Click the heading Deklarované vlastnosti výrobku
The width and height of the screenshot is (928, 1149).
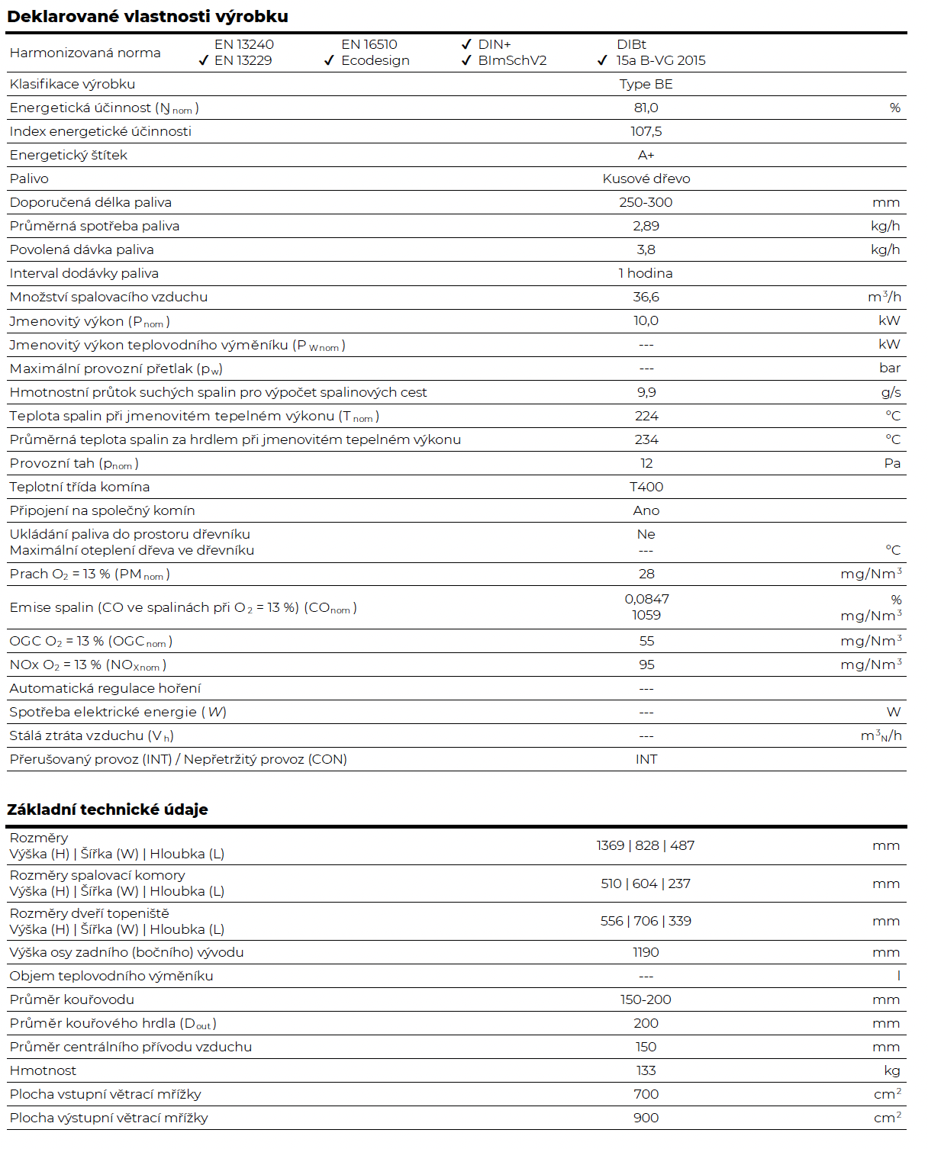[147, 16]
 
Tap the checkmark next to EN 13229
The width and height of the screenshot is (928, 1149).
[204, 61]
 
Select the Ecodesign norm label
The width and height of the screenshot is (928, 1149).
[375, 61]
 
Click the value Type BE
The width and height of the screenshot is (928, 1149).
[646, 84]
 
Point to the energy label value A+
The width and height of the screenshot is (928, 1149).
[646, 155]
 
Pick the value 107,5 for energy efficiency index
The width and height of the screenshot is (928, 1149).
[646, 131]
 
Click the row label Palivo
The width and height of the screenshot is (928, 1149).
[29, 179]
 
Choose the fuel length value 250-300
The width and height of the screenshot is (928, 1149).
[646, 202]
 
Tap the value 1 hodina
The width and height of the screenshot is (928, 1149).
[646, 273]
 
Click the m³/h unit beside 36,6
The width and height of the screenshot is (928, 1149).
[884, 297]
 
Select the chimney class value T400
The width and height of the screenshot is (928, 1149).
[646, 487]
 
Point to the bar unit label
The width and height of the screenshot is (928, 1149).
[890, 368]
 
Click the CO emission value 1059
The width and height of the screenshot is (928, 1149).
[646, 615]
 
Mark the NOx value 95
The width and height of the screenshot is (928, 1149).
[646, 665]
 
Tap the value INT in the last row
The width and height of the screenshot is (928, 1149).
[646, 759]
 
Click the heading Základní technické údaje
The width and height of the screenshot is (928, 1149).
[108, 809]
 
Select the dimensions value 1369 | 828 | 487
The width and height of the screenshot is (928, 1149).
[646, 845]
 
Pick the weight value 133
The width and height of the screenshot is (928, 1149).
[646, 1070]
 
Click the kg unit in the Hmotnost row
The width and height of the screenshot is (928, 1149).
[892, 1071]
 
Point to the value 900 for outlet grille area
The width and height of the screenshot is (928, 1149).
[646, 1118]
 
